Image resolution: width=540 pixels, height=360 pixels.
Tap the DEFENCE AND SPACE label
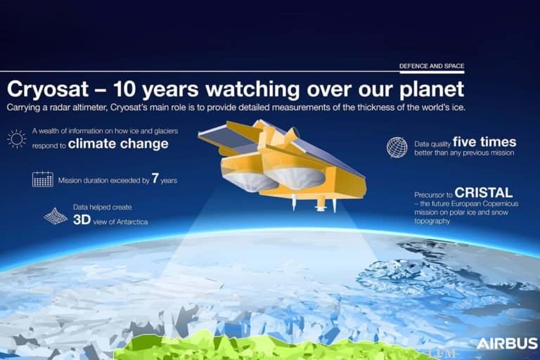pyautogui.click(x=432, y=66)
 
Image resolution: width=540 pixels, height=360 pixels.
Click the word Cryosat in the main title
pyautogui.click(x=47, y=89)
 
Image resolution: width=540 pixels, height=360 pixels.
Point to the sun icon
pyautogui.click(x=16, y=138)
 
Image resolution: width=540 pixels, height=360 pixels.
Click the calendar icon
pyautogui.click(x=42, y=179)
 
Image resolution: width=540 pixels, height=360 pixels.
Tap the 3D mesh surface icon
pyautogui.click(x=56, y=216)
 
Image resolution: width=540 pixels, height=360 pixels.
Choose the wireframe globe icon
pyautogui.click(x=397, y=147)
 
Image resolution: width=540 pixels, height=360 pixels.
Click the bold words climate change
pyautogui.click(x=128, y=144)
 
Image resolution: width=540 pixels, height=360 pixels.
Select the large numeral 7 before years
pyautogui.click(x=155, y=179)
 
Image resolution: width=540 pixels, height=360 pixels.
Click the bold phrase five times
pyautogui.click(x=484, y=141)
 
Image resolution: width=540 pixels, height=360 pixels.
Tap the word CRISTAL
pyautogui.click(x=483, y=192)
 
